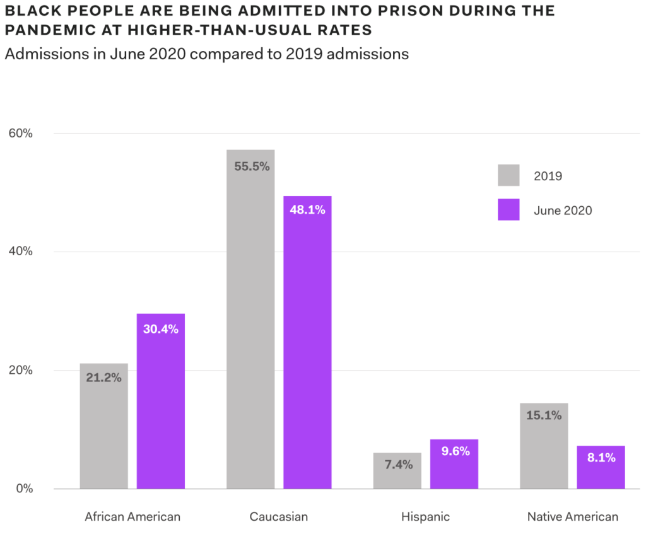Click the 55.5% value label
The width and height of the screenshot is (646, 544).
250,166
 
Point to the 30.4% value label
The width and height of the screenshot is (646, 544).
160,329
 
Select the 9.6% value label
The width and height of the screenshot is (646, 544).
454,451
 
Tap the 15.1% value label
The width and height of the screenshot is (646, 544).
544,415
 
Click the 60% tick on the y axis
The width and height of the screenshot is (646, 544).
20,133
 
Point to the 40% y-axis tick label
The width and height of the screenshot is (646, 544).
20,252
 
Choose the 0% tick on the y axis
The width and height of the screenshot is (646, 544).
23,489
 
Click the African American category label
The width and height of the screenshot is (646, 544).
132,517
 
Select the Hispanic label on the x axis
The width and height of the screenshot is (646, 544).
425,517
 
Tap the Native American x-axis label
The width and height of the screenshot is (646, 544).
573,517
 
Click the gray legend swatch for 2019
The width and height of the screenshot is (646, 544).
508,175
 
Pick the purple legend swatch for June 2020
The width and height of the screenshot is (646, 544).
508,210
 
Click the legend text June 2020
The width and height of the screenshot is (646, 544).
563,211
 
